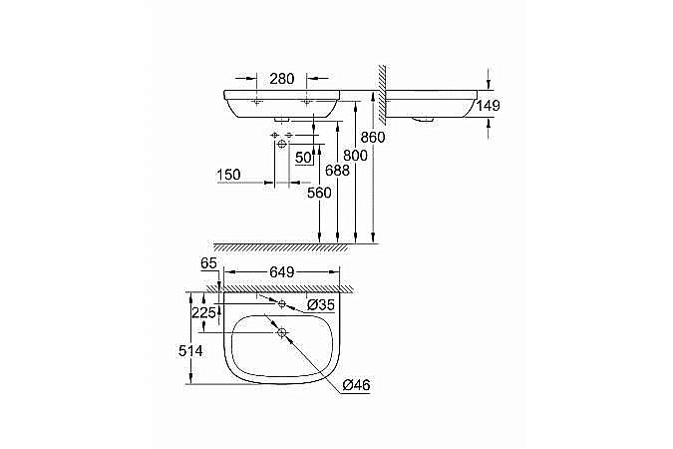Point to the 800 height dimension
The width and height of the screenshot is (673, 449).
(355, 157)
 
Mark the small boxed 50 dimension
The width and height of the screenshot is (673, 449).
(303, 157)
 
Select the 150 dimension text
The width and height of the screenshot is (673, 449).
(230, 176)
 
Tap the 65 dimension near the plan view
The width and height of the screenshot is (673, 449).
(208, 262)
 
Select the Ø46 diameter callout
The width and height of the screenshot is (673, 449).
(356, 385)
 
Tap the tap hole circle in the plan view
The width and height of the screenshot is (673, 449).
(282, 302)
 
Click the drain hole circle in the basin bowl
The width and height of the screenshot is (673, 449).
(282, 332)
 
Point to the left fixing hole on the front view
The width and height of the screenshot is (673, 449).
(256, 102)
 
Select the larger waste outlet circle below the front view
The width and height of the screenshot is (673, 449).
(282, 145)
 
